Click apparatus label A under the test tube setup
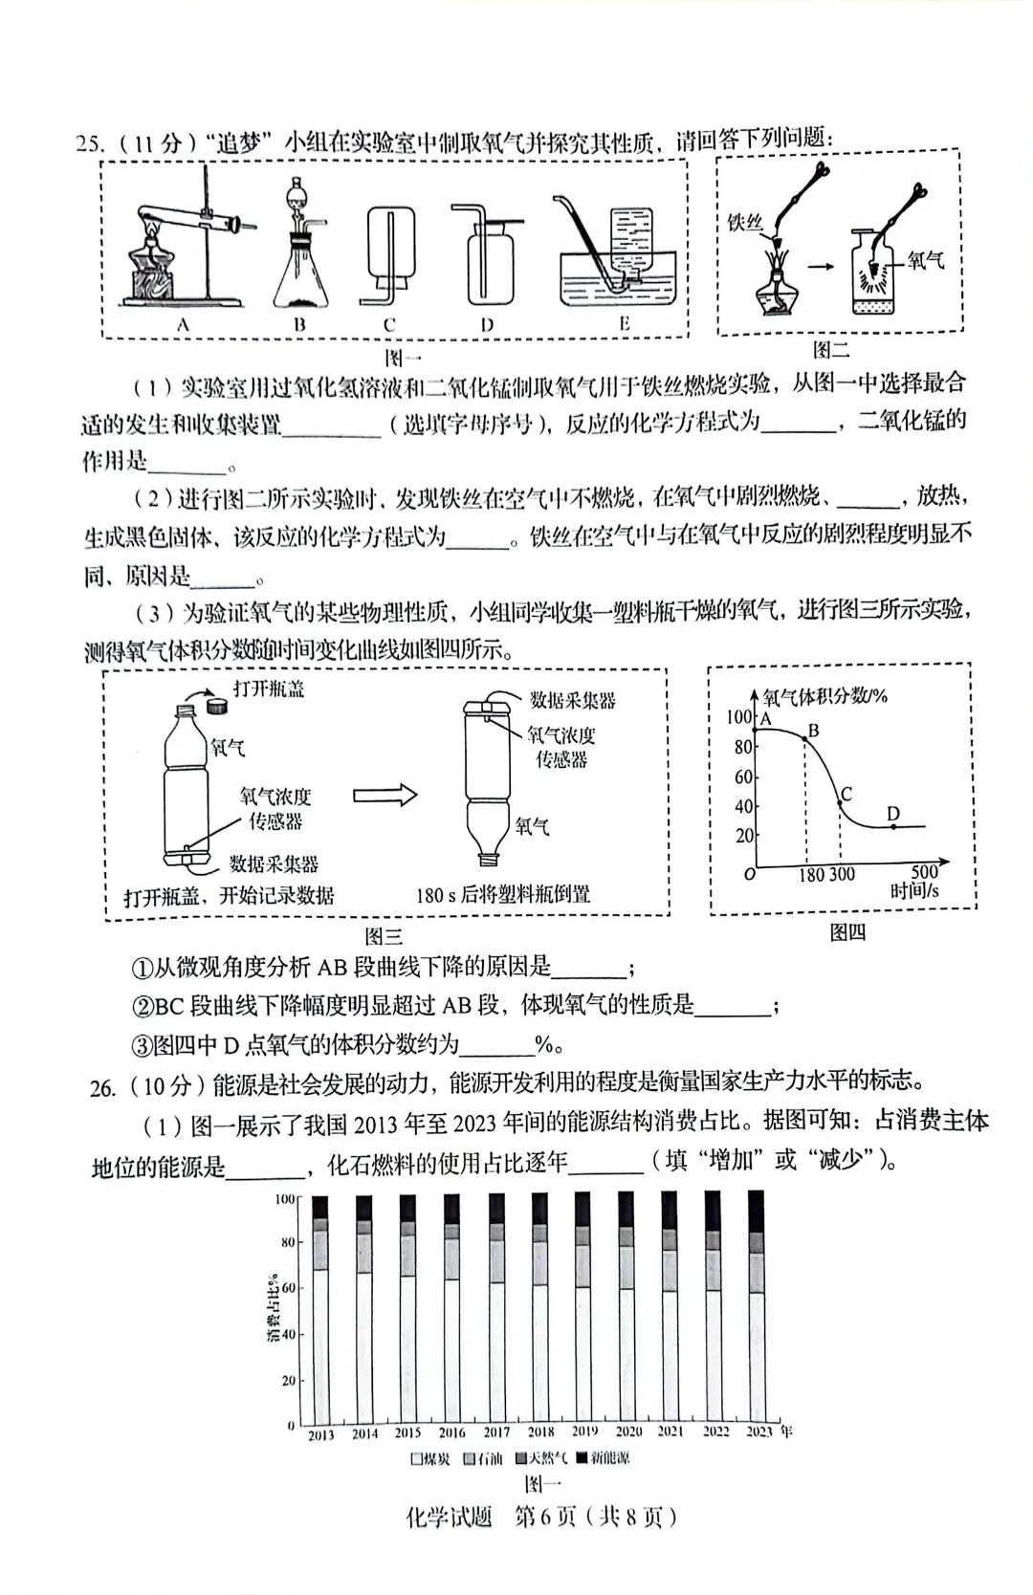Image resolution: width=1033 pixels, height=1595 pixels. point(183,325)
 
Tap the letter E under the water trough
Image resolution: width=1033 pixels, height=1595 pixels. point(624,324)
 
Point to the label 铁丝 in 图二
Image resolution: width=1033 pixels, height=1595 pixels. point(745,223)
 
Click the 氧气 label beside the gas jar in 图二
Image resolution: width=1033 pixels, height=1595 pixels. point(925,260)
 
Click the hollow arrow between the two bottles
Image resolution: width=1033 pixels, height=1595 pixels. point(385,796)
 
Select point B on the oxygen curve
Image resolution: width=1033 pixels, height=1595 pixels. point(804,738)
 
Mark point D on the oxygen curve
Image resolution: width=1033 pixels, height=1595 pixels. point(893,825)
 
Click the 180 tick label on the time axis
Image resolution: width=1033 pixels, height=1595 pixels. point(812,874)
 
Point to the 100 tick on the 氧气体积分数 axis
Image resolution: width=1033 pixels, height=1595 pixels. point(738,717)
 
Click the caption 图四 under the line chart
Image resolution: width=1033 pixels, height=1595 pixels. point(847,931)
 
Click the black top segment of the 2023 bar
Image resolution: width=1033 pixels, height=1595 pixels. point(756,1211)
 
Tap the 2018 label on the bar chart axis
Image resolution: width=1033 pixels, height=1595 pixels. point(540,1431)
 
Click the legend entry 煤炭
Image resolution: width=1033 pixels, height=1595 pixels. point(430,1458)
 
